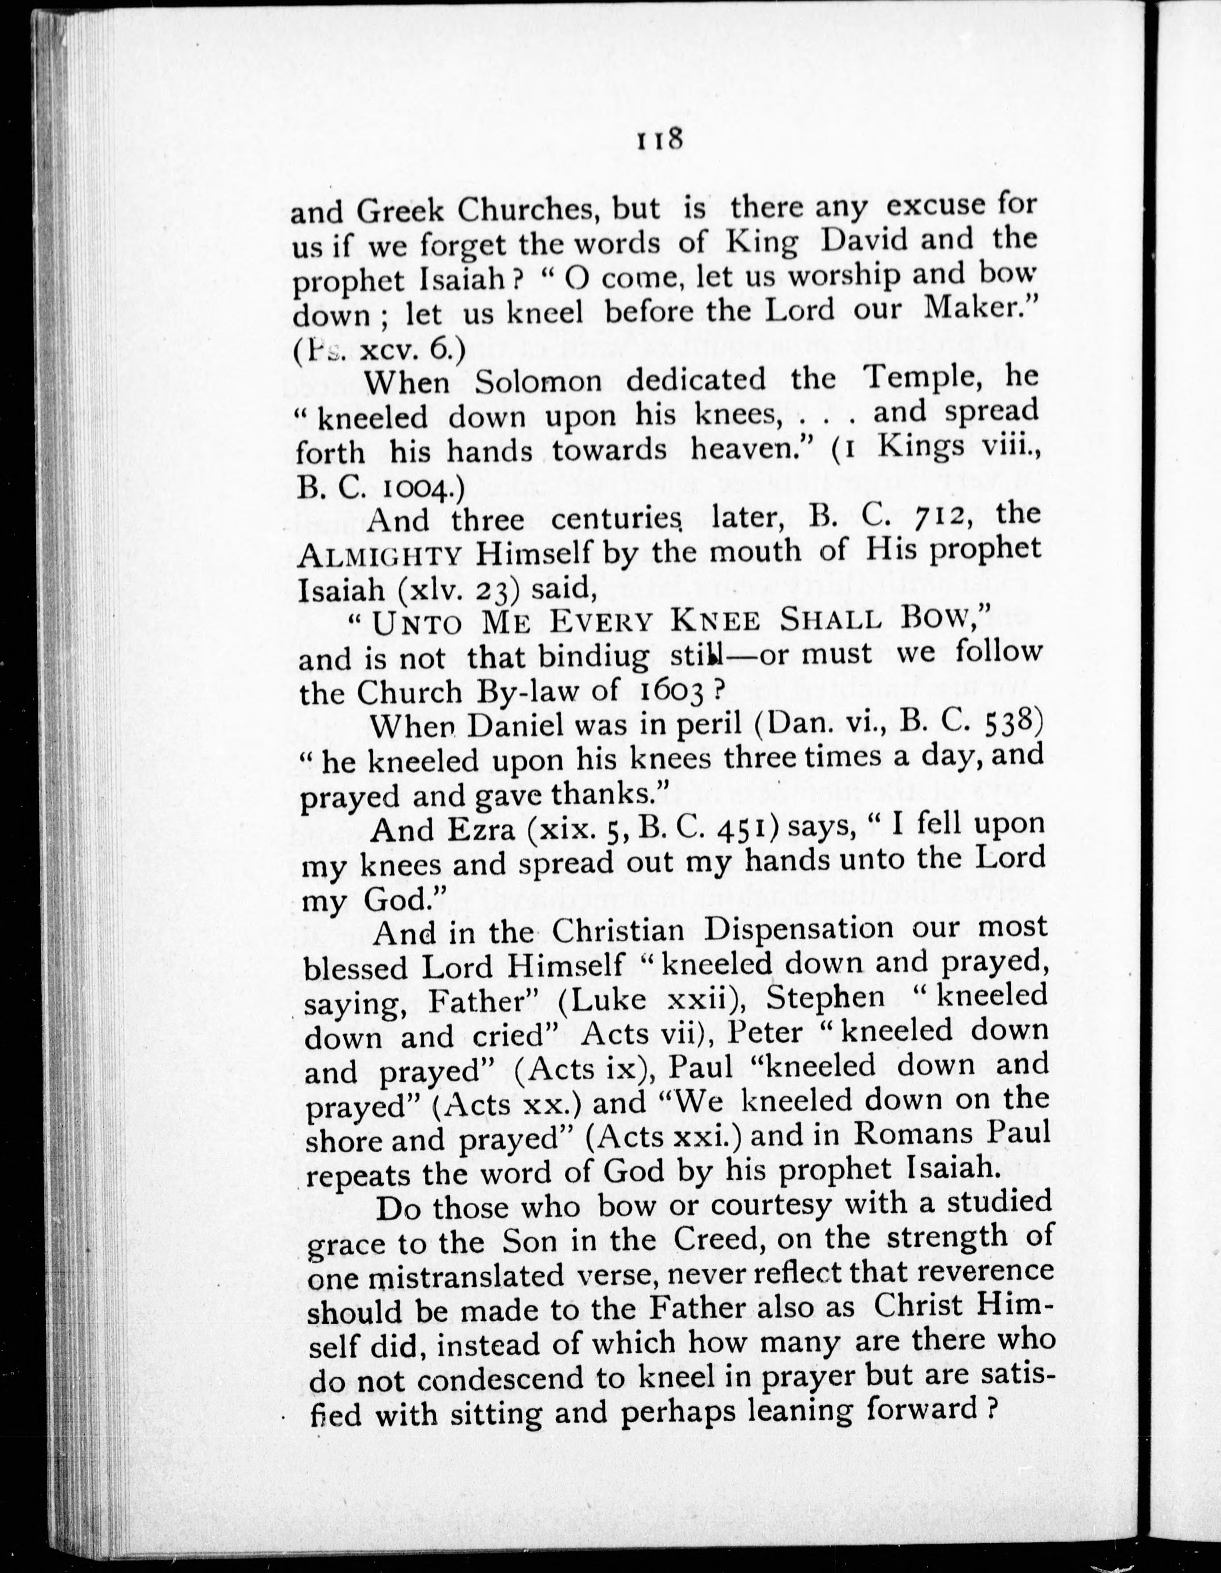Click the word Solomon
(x=539, y=381)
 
